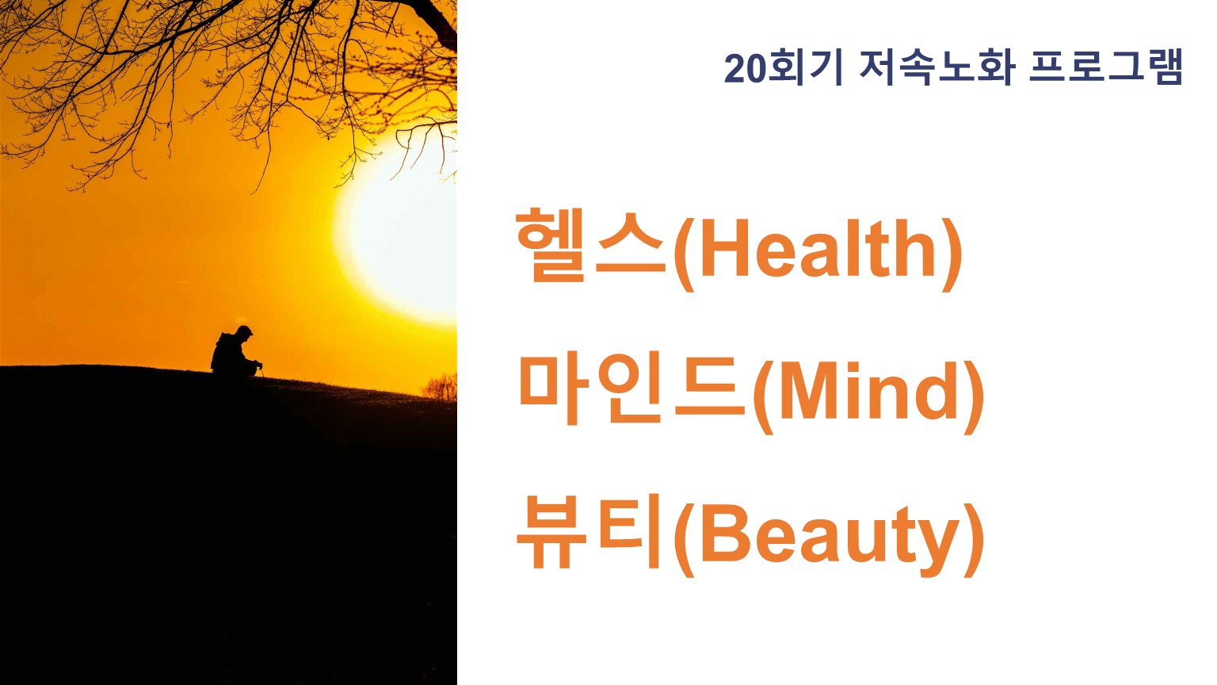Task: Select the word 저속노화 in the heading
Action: coord(937,68)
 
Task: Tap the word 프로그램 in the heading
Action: coord(1106,68)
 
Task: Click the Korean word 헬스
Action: coord(591,246)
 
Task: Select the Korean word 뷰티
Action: coord(589,531)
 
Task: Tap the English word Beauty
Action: coord(830,538)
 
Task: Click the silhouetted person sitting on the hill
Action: coord(235,352)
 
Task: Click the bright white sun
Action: coord(402,228)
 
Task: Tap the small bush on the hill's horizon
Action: coord(440,388)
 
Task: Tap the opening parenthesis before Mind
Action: coord(764,397)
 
